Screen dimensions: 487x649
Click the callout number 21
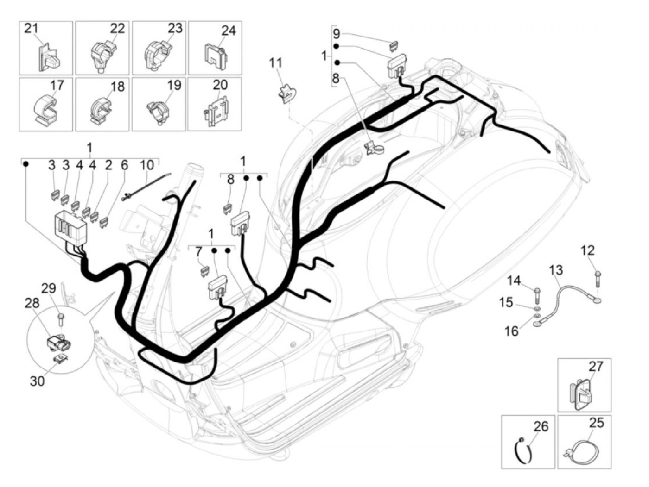pos(31,29)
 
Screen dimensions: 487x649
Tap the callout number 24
pos(228,31)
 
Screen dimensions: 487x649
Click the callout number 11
pos(276,63)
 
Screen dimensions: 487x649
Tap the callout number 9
pos(337,34)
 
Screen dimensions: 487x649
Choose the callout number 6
pos(124,165)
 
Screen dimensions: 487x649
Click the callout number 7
pos(199,252)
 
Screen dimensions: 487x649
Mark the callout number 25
pos(597,423)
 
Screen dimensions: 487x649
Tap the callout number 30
pos(37,381)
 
